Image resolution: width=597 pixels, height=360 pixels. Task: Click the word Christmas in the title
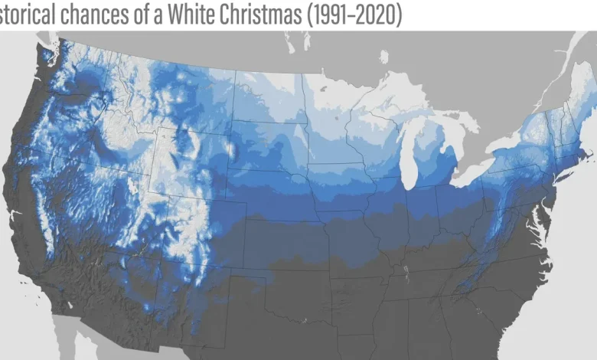pos(257,15)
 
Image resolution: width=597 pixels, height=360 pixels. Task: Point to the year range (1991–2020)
pos(354,15)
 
